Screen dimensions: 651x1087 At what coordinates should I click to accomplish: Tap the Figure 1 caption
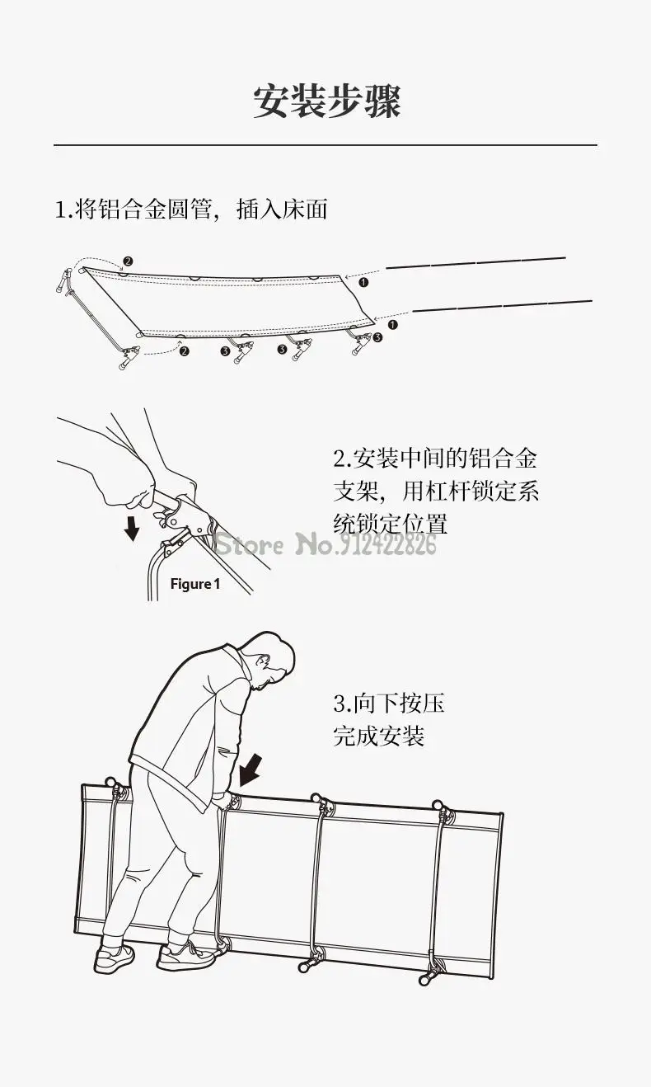[x=195, y=584]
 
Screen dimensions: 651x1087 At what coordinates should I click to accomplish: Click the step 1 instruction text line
[x=191, y=209]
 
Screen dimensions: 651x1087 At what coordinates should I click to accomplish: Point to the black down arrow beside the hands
[x=131, y=528]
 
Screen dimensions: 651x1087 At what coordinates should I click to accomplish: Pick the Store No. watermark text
[x=325, y=544]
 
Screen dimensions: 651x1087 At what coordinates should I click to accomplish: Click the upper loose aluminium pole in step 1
[x=475, y=262]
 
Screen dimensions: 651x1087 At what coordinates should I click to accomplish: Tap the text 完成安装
[x=378, y=735]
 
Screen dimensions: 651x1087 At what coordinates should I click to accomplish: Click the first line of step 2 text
[x=435, y=459]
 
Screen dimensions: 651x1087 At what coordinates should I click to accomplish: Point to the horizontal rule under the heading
[x=325, y=145]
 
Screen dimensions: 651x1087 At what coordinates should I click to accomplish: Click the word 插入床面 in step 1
[x=282, y=209]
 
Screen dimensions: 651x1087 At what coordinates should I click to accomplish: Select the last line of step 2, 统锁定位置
[x=390, y=523]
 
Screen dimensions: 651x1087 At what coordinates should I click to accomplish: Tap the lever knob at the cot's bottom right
[x=427, y=979]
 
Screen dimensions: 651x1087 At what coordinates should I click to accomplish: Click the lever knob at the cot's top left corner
[x=110, y=781]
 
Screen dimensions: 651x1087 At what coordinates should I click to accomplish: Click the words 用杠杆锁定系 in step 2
[x=471, y=492]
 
